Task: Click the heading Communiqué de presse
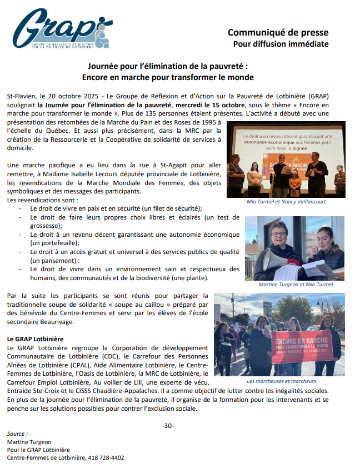[278, 32]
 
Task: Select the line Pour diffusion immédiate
[281, 44]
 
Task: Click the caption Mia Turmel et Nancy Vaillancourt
[286, 202]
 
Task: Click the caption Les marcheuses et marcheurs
[281, 381]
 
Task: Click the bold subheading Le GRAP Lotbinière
[35, 338]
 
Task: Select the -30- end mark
[168, 426]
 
